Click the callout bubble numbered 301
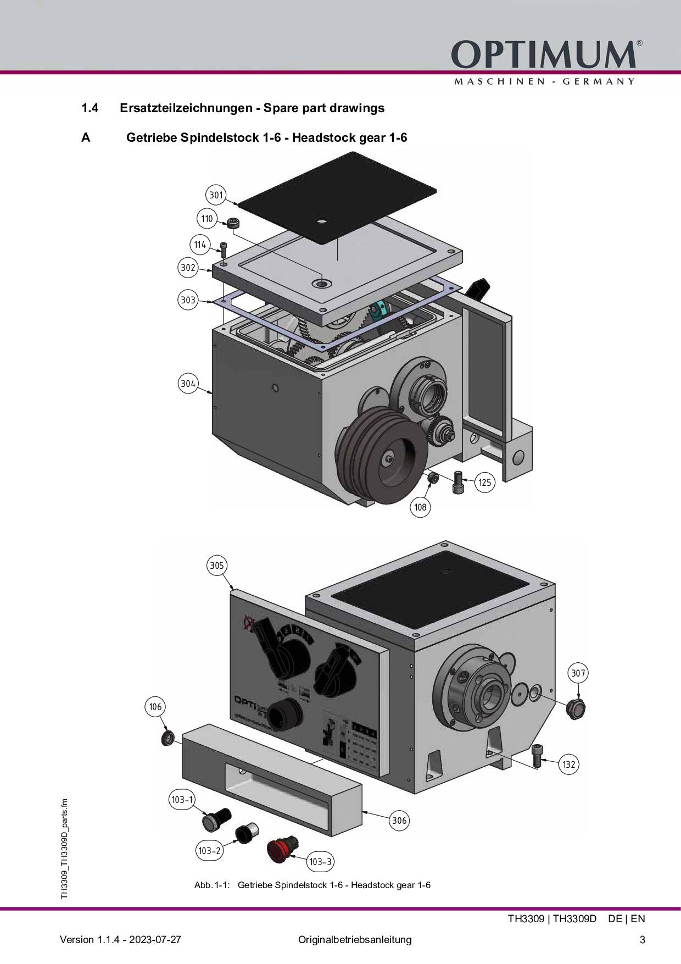(216, 195)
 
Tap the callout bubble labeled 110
(206, 219)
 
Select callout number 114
(200, 245)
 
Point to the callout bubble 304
(188, 384)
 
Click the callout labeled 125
(484, 483)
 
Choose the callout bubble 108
(420, 507)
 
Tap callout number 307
(578, 673)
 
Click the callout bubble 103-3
(320, 862)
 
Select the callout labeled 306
(399, 821)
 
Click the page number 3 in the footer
(642, 939)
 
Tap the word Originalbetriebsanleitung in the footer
(355, 939)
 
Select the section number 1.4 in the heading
(90, 108)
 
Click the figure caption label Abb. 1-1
(211, 885)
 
